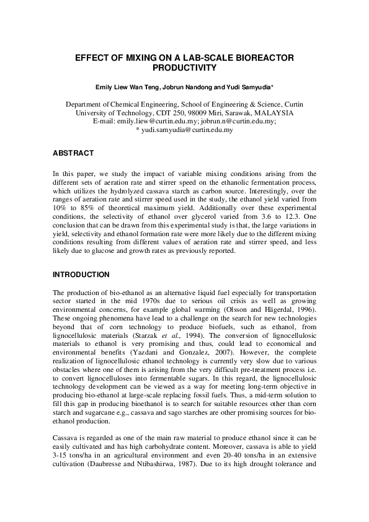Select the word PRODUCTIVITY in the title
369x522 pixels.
point(184,67)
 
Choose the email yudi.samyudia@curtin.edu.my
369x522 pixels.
point(189,130)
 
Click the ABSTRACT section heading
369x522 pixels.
point(73,153)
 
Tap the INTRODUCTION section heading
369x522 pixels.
point(81,274)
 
